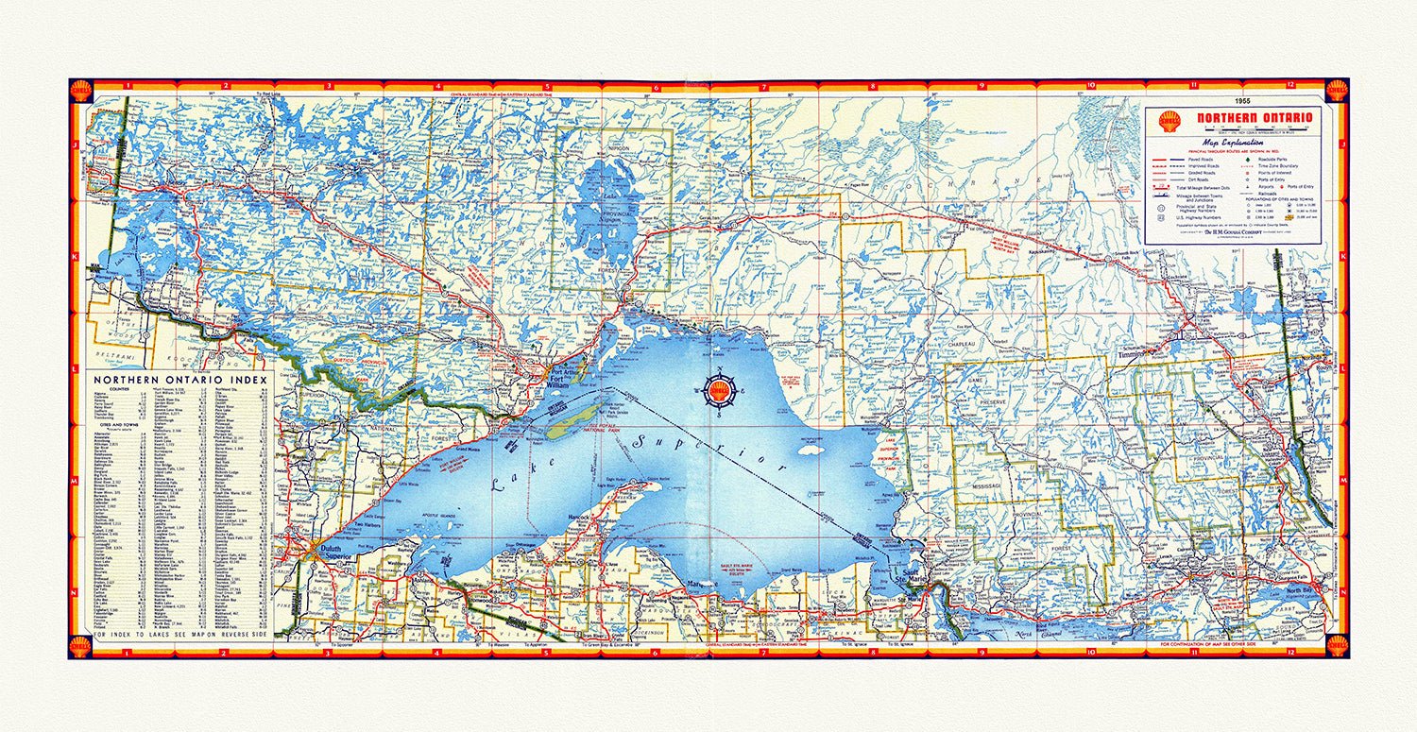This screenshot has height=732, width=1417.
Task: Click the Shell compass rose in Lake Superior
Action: coord(721,392)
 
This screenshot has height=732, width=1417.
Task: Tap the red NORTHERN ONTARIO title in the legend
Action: coord(1255,118)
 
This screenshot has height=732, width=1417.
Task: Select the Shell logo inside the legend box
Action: coord(1169,121)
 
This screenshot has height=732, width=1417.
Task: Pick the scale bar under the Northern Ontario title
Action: coord(1255,129)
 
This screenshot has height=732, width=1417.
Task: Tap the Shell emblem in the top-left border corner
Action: coord(81,91)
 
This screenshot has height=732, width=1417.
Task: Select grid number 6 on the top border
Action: coord(656,86)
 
